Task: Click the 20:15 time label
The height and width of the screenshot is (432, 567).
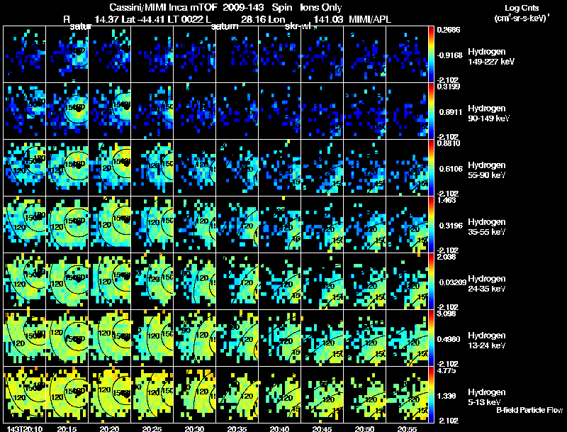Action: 67,428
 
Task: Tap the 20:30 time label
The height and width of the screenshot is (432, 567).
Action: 194,428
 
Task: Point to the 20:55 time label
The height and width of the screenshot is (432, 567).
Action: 407,428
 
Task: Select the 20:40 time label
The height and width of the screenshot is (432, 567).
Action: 279,428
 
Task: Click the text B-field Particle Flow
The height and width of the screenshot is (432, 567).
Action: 500,409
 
